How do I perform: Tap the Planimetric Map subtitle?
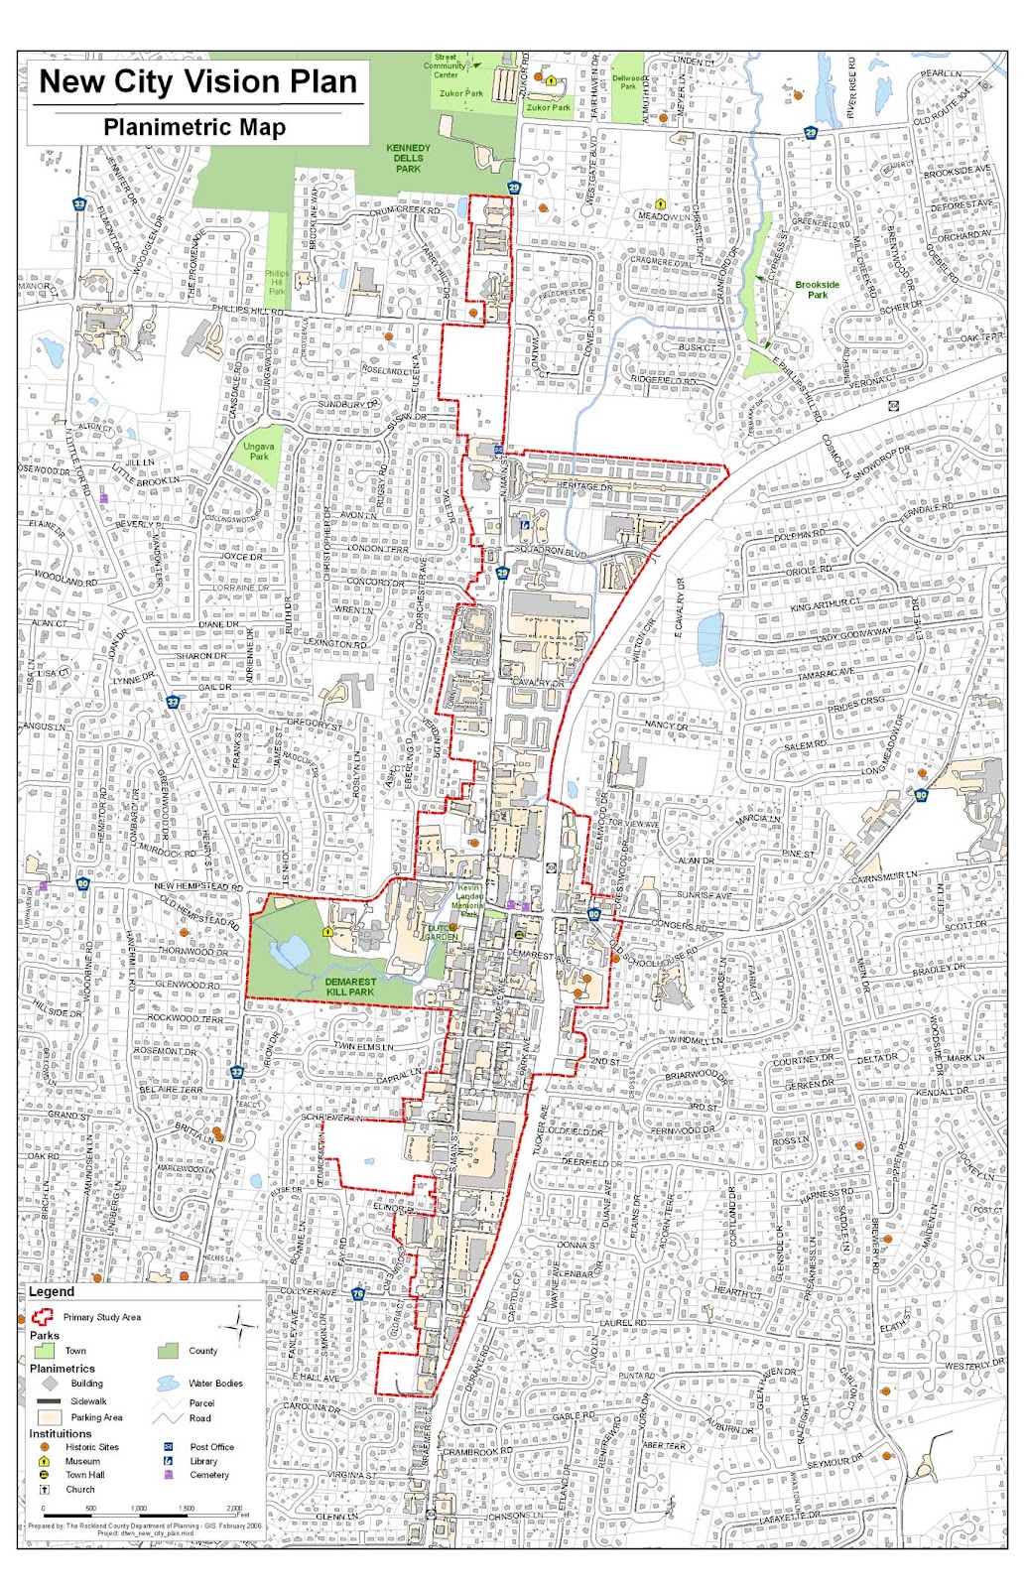194,127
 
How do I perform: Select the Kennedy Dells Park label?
408,158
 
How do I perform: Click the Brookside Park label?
817,290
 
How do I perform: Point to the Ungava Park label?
259,452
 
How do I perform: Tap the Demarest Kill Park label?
350,986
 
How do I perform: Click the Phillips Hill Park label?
277,282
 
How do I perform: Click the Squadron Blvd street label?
552,551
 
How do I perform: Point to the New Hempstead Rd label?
198,886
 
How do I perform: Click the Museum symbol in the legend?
44,1461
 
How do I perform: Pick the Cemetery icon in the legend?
168,1475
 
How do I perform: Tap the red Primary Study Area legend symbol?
42,1317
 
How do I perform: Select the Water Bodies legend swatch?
168,1383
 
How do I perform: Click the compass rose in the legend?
240,1322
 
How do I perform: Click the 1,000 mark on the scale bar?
139,1508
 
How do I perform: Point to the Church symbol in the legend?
44,1490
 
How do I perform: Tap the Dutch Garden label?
442,932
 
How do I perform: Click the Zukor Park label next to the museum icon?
549,107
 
